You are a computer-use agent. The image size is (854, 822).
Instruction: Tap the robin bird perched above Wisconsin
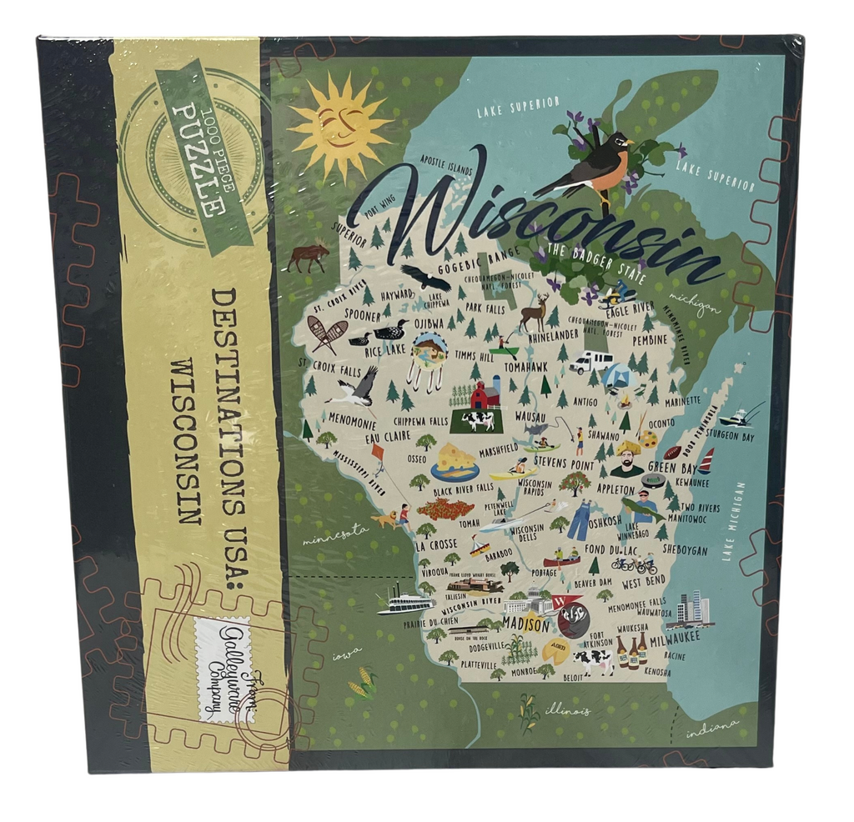[x=593, y=166]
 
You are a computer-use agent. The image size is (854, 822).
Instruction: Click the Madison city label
[x=525, y=624]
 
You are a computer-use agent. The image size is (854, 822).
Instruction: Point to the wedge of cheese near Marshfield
[x=455, y=459]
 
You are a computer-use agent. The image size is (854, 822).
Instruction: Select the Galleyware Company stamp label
[x=222, y=667]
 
